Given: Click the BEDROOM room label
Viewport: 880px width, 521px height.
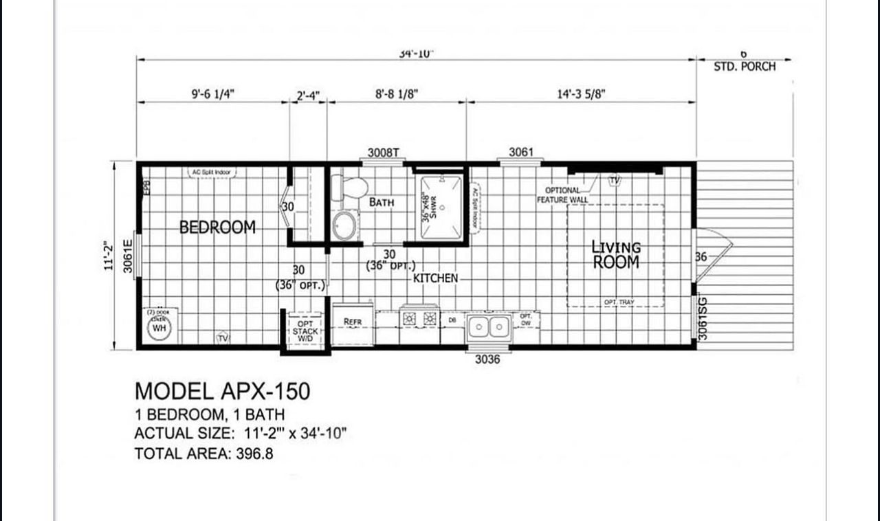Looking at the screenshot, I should [x=217, y=227].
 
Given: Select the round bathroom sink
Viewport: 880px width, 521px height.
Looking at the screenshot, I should [x=344, y=225].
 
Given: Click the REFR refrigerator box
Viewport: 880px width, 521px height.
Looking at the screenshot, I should [x=353, y=322].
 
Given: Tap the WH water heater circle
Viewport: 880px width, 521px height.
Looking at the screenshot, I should [x=159, y=328].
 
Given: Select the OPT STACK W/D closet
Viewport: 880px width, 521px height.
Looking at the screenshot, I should [x=305, y=331].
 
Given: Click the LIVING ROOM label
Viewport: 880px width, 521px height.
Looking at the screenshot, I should [x=616, y=254].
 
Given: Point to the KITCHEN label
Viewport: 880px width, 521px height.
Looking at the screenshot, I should [x=435, y=278].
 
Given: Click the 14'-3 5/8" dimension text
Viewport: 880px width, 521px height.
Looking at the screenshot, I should [x=581, y=94].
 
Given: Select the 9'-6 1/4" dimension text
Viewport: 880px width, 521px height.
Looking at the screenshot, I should [x=213, y=94].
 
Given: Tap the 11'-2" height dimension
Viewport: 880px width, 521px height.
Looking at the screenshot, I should [x=107, y=256].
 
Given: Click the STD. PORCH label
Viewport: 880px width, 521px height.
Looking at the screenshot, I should [x=745, y=67].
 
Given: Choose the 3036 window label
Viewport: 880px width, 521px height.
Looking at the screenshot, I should [x=487, y=359].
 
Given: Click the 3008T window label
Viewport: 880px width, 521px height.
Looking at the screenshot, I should [x=383, y=153].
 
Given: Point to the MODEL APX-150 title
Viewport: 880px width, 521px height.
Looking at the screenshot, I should [x=222, y=391].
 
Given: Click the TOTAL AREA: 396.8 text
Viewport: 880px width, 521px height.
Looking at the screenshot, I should [x=203, y=454].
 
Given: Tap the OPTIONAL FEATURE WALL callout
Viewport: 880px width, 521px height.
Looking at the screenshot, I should [x=562, y=195].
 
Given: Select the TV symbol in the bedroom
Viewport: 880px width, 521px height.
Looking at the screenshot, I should [x=223, y=337].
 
